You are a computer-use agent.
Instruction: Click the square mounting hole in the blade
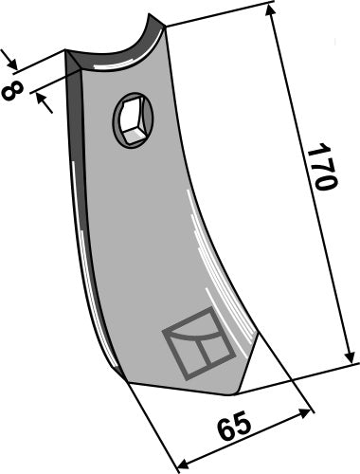point(131,119)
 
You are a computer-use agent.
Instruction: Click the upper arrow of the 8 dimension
point(14,64)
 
